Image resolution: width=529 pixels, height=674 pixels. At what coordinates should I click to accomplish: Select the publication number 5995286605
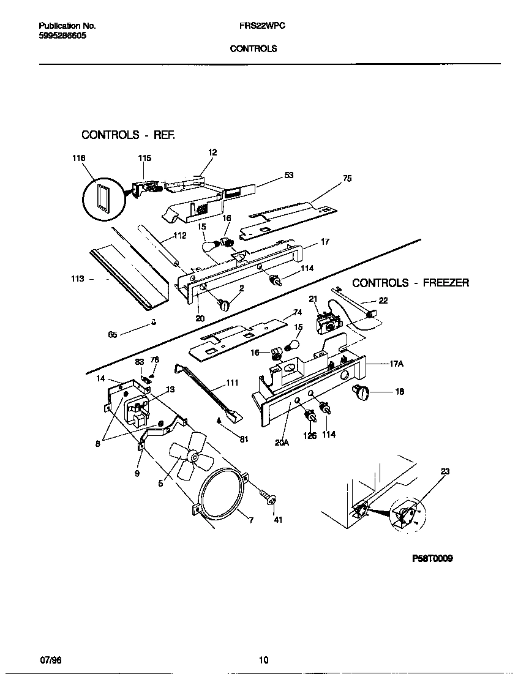pos(62,36)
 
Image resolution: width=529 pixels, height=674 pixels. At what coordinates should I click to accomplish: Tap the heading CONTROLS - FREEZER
pos(410,283)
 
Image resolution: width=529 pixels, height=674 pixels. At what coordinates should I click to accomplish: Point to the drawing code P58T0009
pos(432,559)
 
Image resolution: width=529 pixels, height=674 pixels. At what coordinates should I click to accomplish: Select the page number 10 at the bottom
pos(263,660)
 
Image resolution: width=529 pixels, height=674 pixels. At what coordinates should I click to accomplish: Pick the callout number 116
pos(78,158)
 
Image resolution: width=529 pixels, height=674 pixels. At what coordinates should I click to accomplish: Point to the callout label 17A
pos(397,364)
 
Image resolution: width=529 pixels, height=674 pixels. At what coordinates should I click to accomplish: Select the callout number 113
pos(77,279)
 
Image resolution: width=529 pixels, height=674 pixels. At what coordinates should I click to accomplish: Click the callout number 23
pos(445,471)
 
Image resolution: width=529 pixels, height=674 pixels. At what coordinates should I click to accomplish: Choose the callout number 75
pos(347,179)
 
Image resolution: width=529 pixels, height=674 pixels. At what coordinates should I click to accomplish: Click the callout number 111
pos(232,383)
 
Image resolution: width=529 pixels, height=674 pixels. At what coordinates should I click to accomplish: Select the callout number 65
pos(113,335)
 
